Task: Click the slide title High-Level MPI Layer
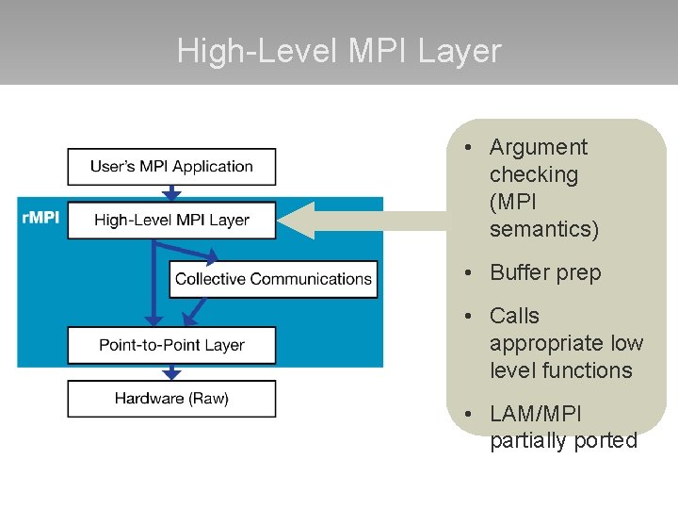pos(339,51)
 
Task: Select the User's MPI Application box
pos(171,167)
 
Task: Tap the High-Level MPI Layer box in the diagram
pos(171,221)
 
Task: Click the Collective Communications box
pos(273,279)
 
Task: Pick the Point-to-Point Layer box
pos(171,345)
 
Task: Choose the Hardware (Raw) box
pos(171,399)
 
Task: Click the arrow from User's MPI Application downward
pos(171,193)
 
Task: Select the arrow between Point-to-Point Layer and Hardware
pos(171,372)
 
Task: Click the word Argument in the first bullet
pos(538,147)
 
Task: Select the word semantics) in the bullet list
pos(543,229)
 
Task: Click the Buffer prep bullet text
pos(544,272)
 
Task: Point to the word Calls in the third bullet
pos(514,316)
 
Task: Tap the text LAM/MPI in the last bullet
pos(536,414)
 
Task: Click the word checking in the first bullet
pos(533,174)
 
